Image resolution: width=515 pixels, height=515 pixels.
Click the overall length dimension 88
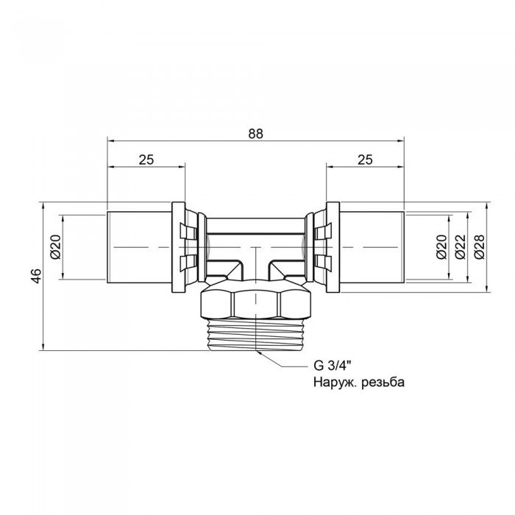[x=255, y=133]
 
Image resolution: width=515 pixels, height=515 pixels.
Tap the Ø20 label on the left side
[x=54, y=247]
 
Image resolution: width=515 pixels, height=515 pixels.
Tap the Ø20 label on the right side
[x=441, y=247]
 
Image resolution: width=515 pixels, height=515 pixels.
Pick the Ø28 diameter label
[x=479, y=247]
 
